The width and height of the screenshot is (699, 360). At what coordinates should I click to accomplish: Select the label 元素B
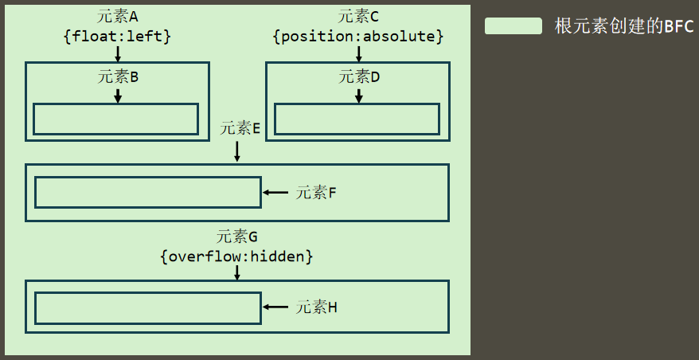pos(119,77)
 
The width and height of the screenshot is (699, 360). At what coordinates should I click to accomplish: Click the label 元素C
pos(358,17)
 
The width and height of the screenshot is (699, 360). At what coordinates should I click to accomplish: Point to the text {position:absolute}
pos(358,36)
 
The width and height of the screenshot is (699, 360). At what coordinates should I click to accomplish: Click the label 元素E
pos(240,127)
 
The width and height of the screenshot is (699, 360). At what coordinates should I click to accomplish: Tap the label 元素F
pos(317,192)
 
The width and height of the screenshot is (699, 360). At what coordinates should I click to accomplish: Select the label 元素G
pos(237,237)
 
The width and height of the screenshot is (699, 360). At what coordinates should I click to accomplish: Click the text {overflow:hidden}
pos(237,256)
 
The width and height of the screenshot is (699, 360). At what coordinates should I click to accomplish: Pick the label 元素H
pos(317,307)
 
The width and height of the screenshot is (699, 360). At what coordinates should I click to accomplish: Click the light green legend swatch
pos(514,26)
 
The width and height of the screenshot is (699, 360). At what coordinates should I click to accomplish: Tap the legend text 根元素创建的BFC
pos(624,26)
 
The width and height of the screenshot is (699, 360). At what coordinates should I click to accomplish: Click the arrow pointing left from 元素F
pos(275,192)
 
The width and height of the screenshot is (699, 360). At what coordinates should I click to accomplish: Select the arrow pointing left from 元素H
pos(275,307)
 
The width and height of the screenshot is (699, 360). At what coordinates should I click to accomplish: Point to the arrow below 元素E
pos(237,151)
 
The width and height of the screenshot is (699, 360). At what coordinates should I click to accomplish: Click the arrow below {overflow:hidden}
pos(237,272)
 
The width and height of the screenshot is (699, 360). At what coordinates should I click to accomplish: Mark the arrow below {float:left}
pos(118,53)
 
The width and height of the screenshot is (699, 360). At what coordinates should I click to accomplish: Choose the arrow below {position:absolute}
pos(359,53)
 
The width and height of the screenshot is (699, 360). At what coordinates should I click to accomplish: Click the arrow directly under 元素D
pos(359,95)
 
